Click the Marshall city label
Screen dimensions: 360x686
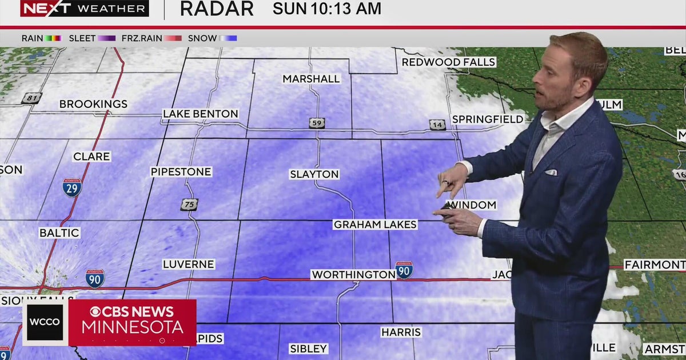pyautogui.click(x=312, y=79)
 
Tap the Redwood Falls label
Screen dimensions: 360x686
pyautogui.click(x=448, y=62)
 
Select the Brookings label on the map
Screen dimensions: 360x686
pyautogui.click(x=93, y=104)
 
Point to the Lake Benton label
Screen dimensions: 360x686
pyautogui.click(x=201, y=114)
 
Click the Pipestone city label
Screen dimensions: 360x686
pyautogui.click(x=181, y=171)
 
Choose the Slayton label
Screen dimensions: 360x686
pyautogui.click(x=314, y=174)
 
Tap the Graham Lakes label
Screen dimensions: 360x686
pyautogui.click(x=375, y=225)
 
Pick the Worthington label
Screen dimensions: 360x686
pyautogui.click(x=353, y=275)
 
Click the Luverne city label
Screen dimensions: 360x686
pyautogui.click(x=189, y=264)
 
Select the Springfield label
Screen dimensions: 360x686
pyautogui.click(x=488, y=119)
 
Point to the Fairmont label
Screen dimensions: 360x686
pyautogui.click(x=654, y=265)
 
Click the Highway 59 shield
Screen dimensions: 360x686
pyautogui.click(x=317, y=123)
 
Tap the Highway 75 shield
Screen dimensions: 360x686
pyautogui.click(x=189, y=205)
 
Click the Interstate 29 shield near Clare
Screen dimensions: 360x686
pyautogui.click(x=72, y=187)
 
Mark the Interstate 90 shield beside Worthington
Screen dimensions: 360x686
pyautogui.click(x=404, y=270)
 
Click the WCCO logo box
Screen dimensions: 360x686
pyautogui.click(x=45, y=322)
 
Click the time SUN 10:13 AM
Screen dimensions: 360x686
pyautogui.click(x=326, y=9)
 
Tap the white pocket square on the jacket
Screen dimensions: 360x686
pyautogui.click(x=550, y=171)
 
